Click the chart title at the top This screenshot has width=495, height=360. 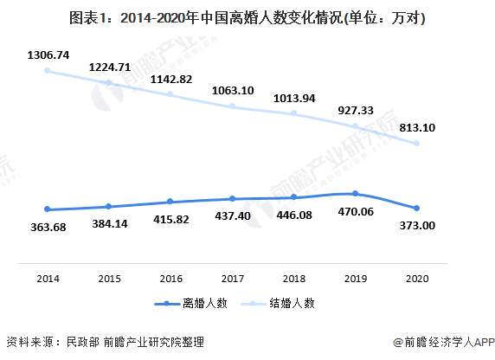click(247, 16)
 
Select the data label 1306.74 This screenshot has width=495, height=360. click(48, 53)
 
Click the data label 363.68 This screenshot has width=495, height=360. click(48, 228)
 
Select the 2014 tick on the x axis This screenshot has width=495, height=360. click(48, 279)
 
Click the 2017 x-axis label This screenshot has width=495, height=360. click(233, 279)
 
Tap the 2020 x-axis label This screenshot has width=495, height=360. click(417, 279)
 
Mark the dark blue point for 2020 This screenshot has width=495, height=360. click(417, 208)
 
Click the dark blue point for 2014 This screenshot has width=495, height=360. click(48, 209)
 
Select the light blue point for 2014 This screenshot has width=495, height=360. click(48, 70)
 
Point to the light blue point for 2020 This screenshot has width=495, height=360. click(417, 144)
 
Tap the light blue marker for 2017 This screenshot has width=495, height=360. click(233, 106)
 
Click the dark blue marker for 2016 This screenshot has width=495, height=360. click(171, 202)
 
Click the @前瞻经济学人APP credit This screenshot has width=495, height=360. click(441, 342)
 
